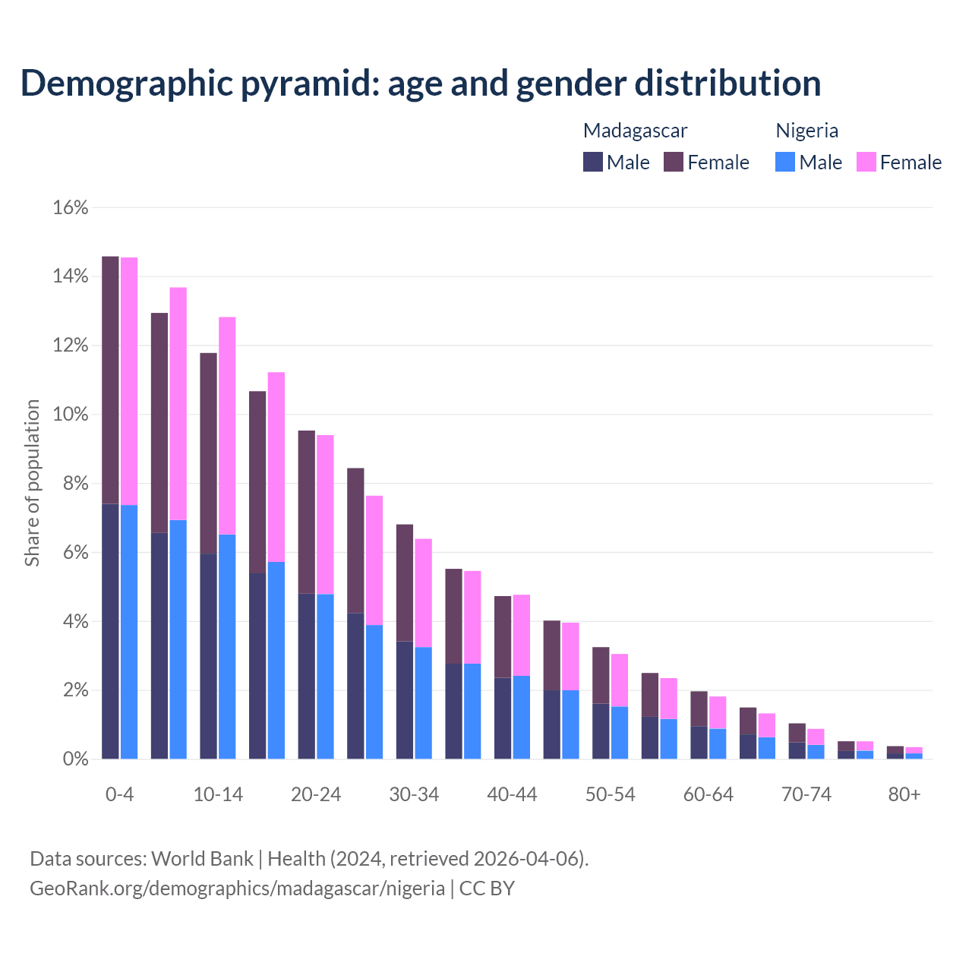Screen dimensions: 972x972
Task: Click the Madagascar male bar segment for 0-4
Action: coord(110,630)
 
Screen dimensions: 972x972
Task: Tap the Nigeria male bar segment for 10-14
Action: coord(227,646)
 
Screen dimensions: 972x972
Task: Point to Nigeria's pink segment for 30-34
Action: coord(423,593)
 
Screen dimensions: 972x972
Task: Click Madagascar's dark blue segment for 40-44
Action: coord(503,718)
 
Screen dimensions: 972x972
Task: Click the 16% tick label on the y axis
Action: coord(71,207)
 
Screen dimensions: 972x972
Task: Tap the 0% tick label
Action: coord(74,759)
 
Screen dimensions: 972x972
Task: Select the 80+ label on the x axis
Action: coord(904,794)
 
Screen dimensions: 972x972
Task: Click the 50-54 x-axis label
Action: coord(610,794)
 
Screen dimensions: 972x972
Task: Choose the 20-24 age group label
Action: coord(316,794)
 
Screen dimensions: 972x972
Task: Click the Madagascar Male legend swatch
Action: coord(593,162)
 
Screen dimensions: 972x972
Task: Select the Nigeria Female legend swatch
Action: coord(866,162)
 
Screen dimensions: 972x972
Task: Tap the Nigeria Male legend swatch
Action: coord(785,162)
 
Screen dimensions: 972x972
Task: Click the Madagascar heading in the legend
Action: coord(635,131)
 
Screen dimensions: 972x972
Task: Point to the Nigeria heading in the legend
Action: coord(806,131)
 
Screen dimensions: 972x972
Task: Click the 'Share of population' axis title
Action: coord(32,484)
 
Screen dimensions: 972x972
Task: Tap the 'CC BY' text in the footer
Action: coord(487,888)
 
